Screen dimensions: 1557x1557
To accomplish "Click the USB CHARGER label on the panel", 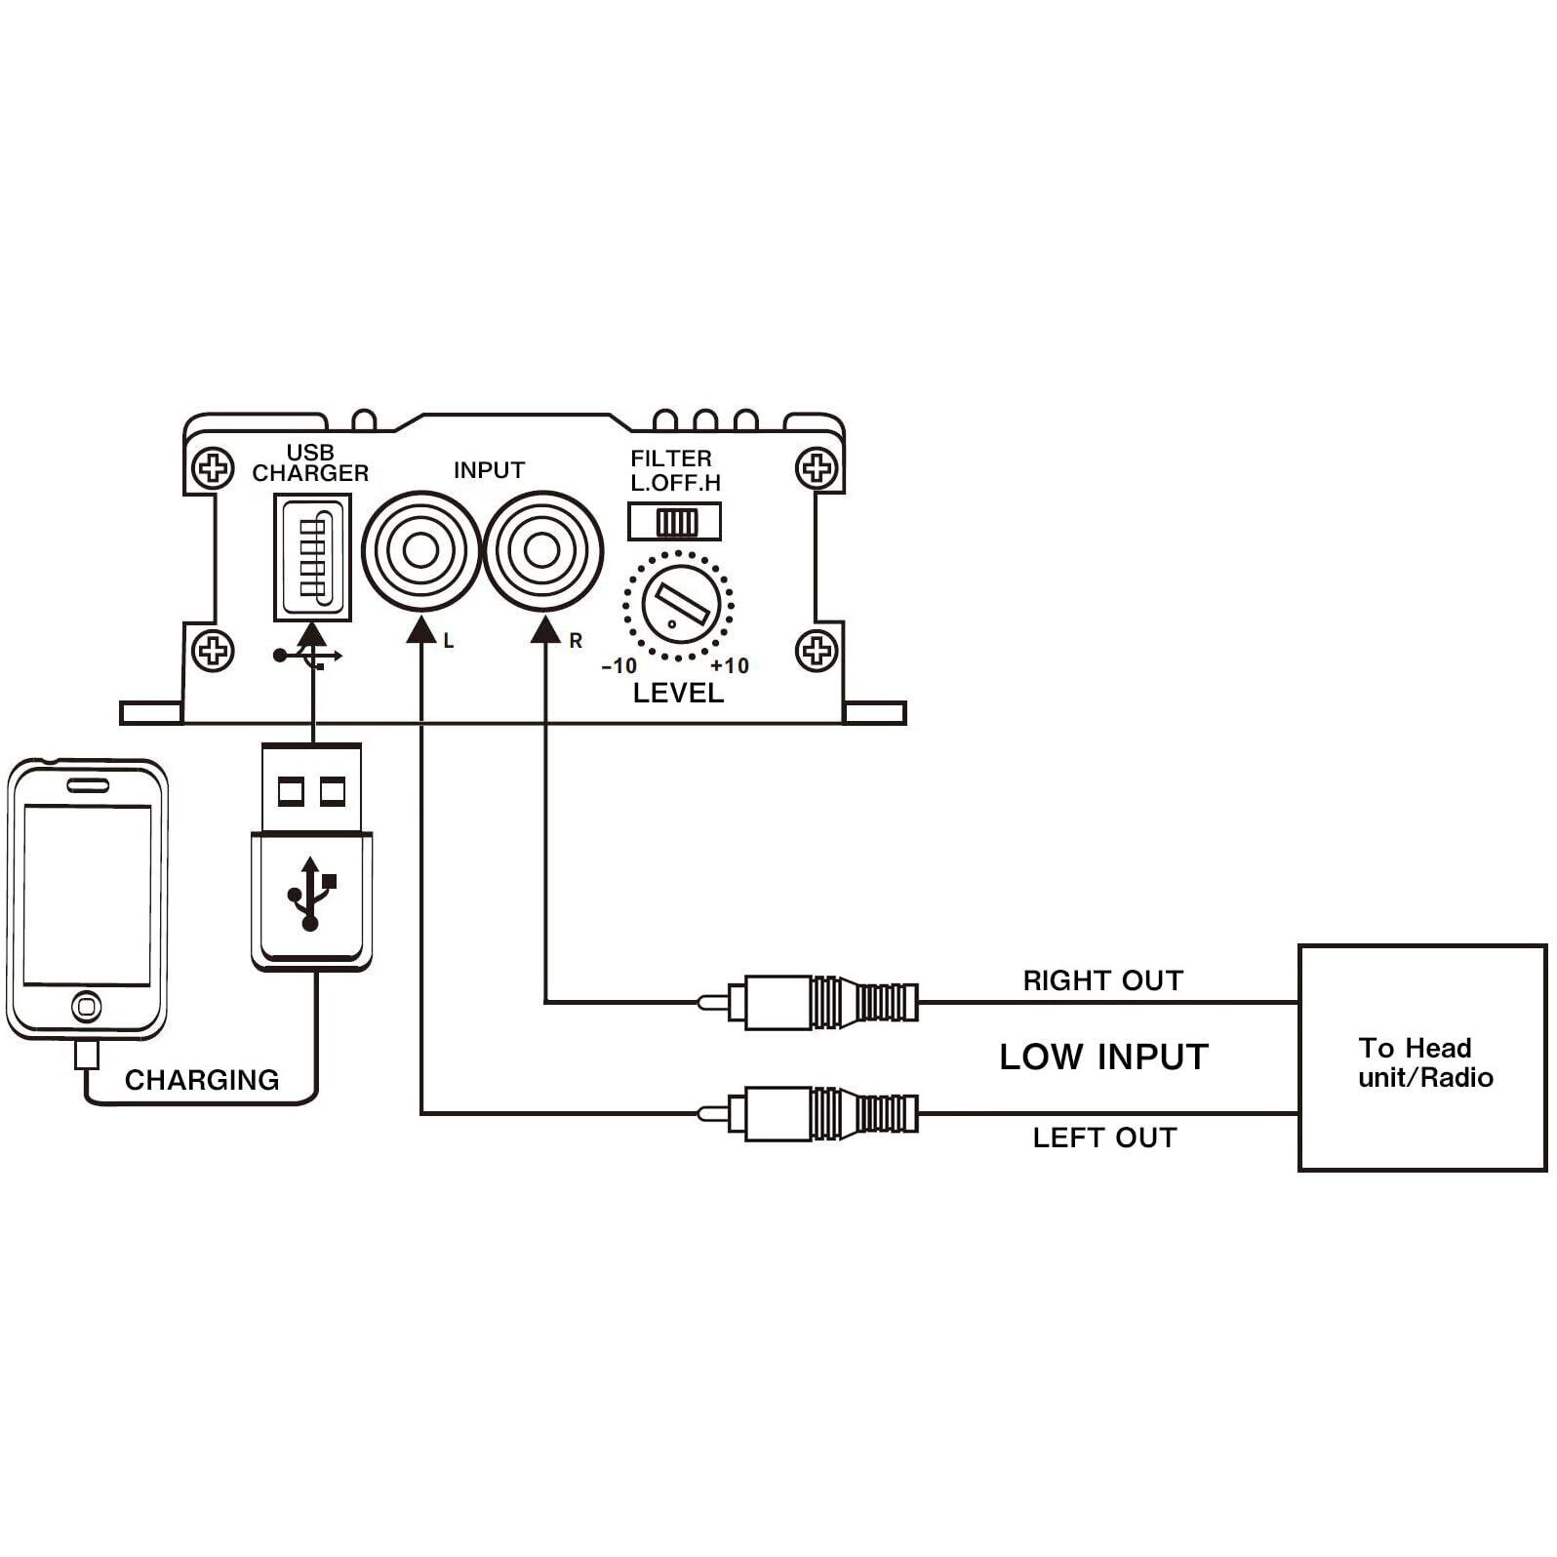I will pyautogui.click(x=310, y=463).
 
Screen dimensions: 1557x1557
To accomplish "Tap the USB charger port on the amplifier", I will pyautogui.click(x=312, y=557).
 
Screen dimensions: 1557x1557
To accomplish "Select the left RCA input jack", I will pyautogui.click(x=420, y=550).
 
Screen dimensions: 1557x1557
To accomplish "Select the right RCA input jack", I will pyautogui.click(x=542, y=550).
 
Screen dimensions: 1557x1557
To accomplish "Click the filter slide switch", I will pyautogui.click(x=675, y=522).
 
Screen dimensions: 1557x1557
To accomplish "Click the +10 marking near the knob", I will pyautogui.click(x=730, y=666).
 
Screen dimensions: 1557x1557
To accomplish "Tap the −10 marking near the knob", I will pyautogui.click(x=619, y=666).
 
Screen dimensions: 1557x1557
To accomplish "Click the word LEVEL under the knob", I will pyautogui.click(x=678, y=694).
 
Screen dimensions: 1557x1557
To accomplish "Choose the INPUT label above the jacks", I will pyautogui.click(x=489, y=470).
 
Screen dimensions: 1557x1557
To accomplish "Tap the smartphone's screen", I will pyautogui.click(x=87, y=895).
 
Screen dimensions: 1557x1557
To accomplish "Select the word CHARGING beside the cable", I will pyautogui.click(x=202, y=1080).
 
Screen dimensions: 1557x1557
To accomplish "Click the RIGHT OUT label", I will pyautogui.click(x=1102, y=980).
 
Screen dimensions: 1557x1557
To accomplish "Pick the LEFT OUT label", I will pyautogui.click(x=1104, y=1138).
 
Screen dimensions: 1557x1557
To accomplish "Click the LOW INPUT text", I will pyautogui.click(x=1103, y=1057).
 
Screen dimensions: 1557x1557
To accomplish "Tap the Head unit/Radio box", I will pyautogui.click(x=1422, y=1058).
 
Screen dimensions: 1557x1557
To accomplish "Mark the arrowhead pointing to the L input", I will pyautogui.click(x=420, y=629).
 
